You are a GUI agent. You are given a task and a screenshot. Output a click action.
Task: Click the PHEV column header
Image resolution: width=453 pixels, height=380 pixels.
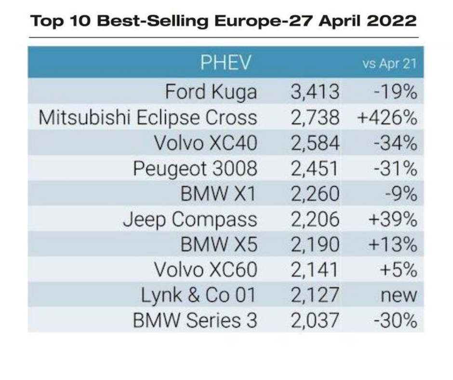tap(226, 62)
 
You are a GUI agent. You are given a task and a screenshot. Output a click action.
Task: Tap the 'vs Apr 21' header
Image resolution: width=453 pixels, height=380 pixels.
tap(389, 63)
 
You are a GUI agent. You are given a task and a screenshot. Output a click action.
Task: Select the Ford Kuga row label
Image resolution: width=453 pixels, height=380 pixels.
tap(211, 92)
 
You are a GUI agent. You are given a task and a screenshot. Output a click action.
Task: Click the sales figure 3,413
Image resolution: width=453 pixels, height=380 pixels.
tap(315, 92)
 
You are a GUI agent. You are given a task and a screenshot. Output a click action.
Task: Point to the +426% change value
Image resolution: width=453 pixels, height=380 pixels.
tap(387, 118)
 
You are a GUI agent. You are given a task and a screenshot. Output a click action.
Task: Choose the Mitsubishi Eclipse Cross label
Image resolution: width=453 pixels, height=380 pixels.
tap(147, 118)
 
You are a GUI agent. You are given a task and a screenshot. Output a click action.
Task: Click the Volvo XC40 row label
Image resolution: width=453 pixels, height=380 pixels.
tap(205, 143)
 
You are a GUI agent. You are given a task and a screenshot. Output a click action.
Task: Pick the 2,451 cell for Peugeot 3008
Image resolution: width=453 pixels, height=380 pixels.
tap(314, 168)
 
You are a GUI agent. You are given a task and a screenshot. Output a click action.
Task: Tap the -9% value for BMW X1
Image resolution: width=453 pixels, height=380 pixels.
tap(401, 194)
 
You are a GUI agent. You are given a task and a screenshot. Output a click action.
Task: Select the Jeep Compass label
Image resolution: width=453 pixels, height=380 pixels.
tap(190, 219)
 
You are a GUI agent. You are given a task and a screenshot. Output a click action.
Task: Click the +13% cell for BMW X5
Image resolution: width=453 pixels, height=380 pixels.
tap(393, 244)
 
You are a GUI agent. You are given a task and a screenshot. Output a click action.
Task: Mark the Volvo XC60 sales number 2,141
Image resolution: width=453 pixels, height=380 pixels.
tap(314, 270)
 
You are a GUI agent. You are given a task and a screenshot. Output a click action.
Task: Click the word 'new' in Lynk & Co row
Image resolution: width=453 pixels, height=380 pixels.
tap(399, 296)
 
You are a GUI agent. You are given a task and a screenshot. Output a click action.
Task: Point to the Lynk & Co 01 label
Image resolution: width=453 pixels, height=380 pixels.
tap(199, 295)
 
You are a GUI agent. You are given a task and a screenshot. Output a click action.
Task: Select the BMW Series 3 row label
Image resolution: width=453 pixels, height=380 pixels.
tap(195, 321)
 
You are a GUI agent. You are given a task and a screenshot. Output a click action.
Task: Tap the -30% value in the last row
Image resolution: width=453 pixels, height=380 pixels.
tap(396, 321)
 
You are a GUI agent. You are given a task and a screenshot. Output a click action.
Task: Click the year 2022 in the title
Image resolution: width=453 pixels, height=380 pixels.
tap(391, 21)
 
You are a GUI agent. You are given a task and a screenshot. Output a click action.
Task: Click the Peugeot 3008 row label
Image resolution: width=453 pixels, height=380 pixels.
tap(195, 169)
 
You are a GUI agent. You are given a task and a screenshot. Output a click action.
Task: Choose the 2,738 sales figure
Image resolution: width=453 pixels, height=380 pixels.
tap(315, 118)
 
